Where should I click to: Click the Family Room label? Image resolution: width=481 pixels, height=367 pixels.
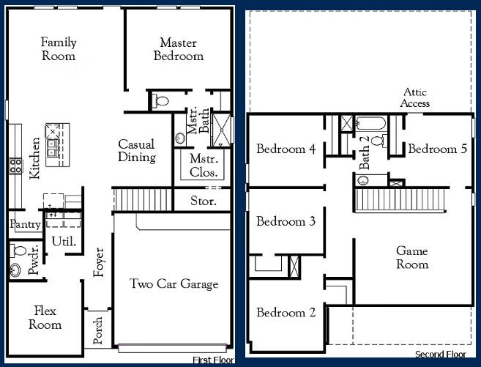(x=59, y=49)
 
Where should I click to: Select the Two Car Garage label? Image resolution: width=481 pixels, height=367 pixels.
(x=174, y=284)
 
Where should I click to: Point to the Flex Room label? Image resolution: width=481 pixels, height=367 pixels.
(x=45, y=318)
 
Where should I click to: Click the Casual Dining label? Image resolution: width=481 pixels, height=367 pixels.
(x=137, y=151)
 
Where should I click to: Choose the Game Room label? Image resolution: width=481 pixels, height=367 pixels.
(x=411, y=257)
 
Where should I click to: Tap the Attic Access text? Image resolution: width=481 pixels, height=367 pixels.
(x=414, y=97)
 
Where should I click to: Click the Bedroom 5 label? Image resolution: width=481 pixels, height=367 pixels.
(x=437, y=149)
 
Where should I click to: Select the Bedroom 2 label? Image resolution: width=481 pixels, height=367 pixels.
(x=286, y=313)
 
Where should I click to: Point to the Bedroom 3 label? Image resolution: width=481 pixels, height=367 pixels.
(x=286, y=221)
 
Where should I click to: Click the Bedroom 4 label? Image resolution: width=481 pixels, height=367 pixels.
(x=286, y=149)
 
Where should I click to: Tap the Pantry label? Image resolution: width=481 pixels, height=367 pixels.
(x=24, y=225)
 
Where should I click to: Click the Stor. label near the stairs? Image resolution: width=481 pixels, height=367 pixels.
(x=203, y=201)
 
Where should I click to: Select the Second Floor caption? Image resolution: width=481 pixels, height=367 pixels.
(x=440, y=355)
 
